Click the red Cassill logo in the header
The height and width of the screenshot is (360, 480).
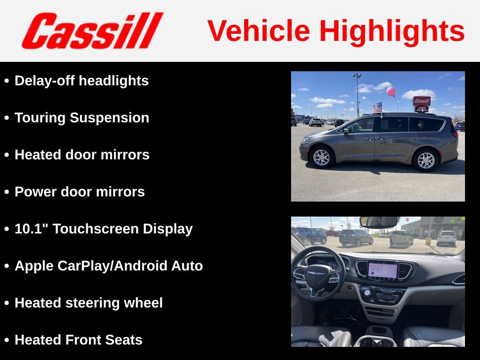(x=92, y=31)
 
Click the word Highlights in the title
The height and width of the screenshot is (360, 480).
(x=392, y=31)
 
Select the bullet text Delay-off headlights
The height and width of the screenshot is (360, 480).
(x=82, y=81)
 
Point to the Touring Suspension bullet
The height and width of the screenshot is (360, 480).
(x=82, y=118)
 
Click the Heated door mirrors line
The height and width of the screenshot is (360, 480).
(x=82, y=155)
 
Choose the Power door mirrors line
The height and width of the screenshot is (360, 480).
(x=80, y=192)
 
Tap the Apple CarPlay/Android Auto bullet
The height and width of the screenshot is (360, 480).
(x=109, y=266)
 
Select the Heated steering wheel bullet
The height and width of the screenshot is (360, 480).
(x=89, y=303)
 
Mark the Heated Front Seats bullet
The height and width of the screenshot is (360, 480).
(x=78, y=340)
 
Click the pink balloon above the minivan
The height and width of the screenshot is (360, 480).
(x=390, y=91)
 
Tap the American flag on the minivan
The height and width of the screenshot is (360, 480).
(x=377, y=107)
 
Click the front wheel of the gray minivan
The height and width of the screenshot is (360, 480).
(x=322, y=157)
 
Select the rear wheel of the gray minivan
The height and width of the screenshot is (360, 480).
(x=426, y=160)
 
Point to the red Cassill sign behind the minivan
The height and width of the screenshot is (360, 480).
(x=421, y=101)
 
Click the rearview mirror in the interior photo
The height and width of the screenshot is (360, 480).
(x=380, y=222)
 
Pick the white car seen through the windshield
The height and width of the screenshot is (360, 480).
(x=446, y=238)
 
